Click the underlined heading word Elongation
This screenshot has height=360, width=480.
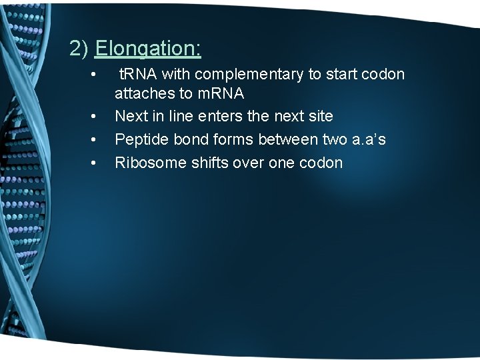click(148, 49)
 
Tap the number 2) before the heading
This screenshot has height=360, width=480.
click(80, 49)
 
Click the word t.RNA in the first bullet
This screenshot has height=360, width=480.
click(140, 74)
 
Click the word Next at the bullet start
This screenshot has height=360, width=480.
click(131, 116)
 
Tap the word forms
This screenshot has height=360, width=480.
click(231, 139)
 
